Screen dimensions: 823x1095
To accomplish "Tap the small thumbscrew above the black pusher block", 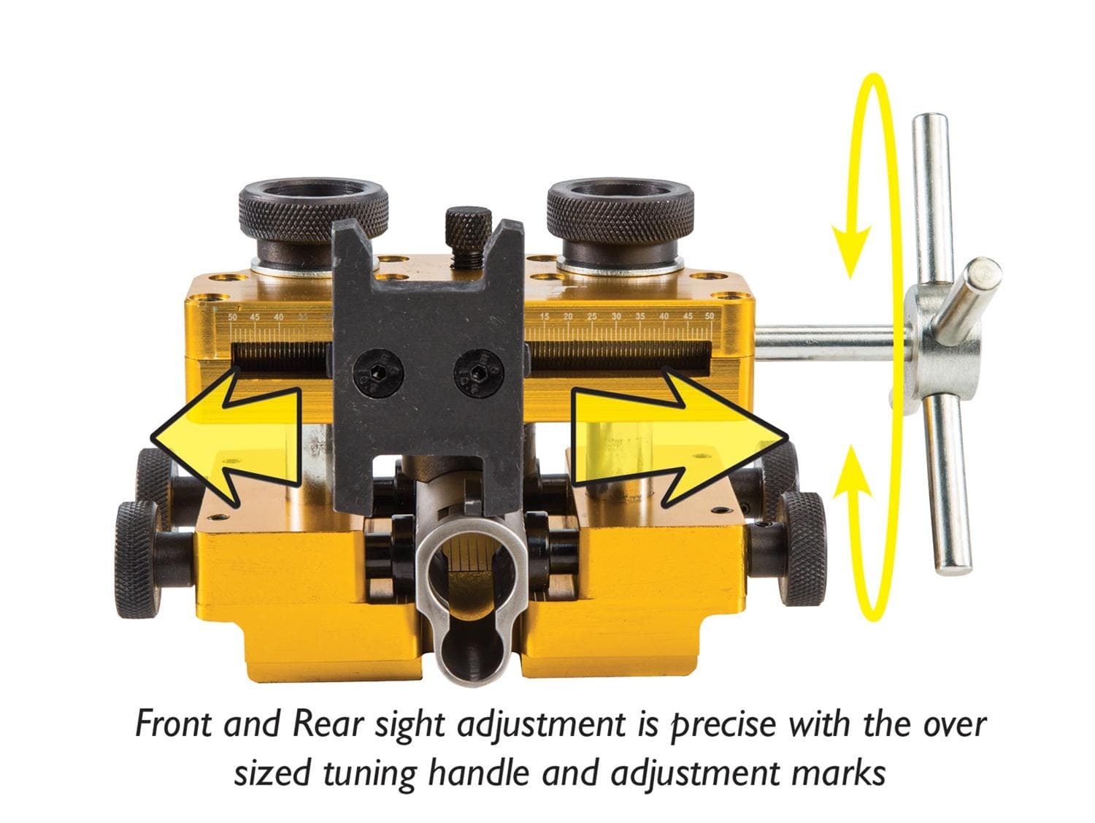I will [x=465, y=225].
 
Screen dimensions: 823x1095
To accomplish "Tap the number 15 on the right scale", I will [x=545, y=317].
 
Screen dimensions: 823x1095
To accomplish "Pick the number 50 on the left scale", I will [x=233, y=317].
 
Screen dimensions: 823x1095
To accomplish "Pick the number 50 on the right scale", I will [x=709, y=317].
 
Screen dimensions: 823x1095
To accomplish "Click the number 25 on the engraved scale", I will [x=592, y=317].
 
